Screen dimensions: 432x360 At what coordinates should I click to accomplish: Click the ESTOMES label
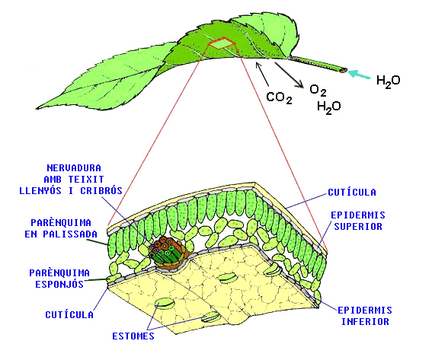click(133, 336)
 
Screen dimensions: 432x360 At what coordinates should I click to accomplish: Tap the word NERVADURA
click(74, 168)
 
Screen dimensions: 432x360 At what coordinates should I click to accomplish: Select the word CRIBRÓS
click(101, 191)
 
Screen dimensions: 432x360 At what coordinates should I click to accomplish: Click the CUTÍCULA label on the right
click(352, 192)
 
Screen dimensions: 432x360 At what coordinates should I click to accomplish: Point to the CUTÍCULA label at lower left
click(69, 314)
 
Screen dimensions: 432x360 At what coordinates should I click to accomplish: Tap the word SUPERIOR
click(358, 227)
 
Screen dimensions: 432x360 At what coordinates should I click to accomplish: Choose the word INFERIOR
click(365, 321)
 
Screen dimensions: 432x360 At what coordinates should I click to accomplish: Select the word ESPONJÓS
click(59, 284)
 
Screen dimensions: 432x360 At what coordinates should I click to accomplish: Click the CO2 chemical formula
click(279, 97)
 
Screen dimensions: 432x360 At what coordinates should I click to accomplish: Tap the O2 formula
click(318, 91)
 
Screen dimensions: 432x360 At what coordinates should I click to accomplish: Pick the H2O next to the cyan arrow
click(389, 81)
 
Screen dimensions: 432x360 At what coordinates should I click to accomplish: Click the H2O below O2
click(328, 107)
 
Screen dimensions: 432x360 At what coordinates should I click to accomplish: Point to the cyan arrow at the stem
click(359, 75)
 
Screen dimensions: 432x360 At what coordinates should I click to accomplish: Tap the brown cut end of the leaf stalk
click(344, 71)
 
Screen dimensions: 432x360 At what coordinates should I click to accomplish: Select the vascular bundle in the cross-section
click(167, 254)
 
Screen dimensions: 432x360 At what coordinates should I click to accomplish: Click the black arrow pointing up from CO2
click(262, 74)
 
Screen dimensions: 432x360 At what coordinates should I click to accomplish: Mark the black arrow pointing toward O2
click(289, 75)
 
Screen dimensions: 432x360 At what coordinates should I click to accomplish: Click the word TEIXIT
click(86, 180)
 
